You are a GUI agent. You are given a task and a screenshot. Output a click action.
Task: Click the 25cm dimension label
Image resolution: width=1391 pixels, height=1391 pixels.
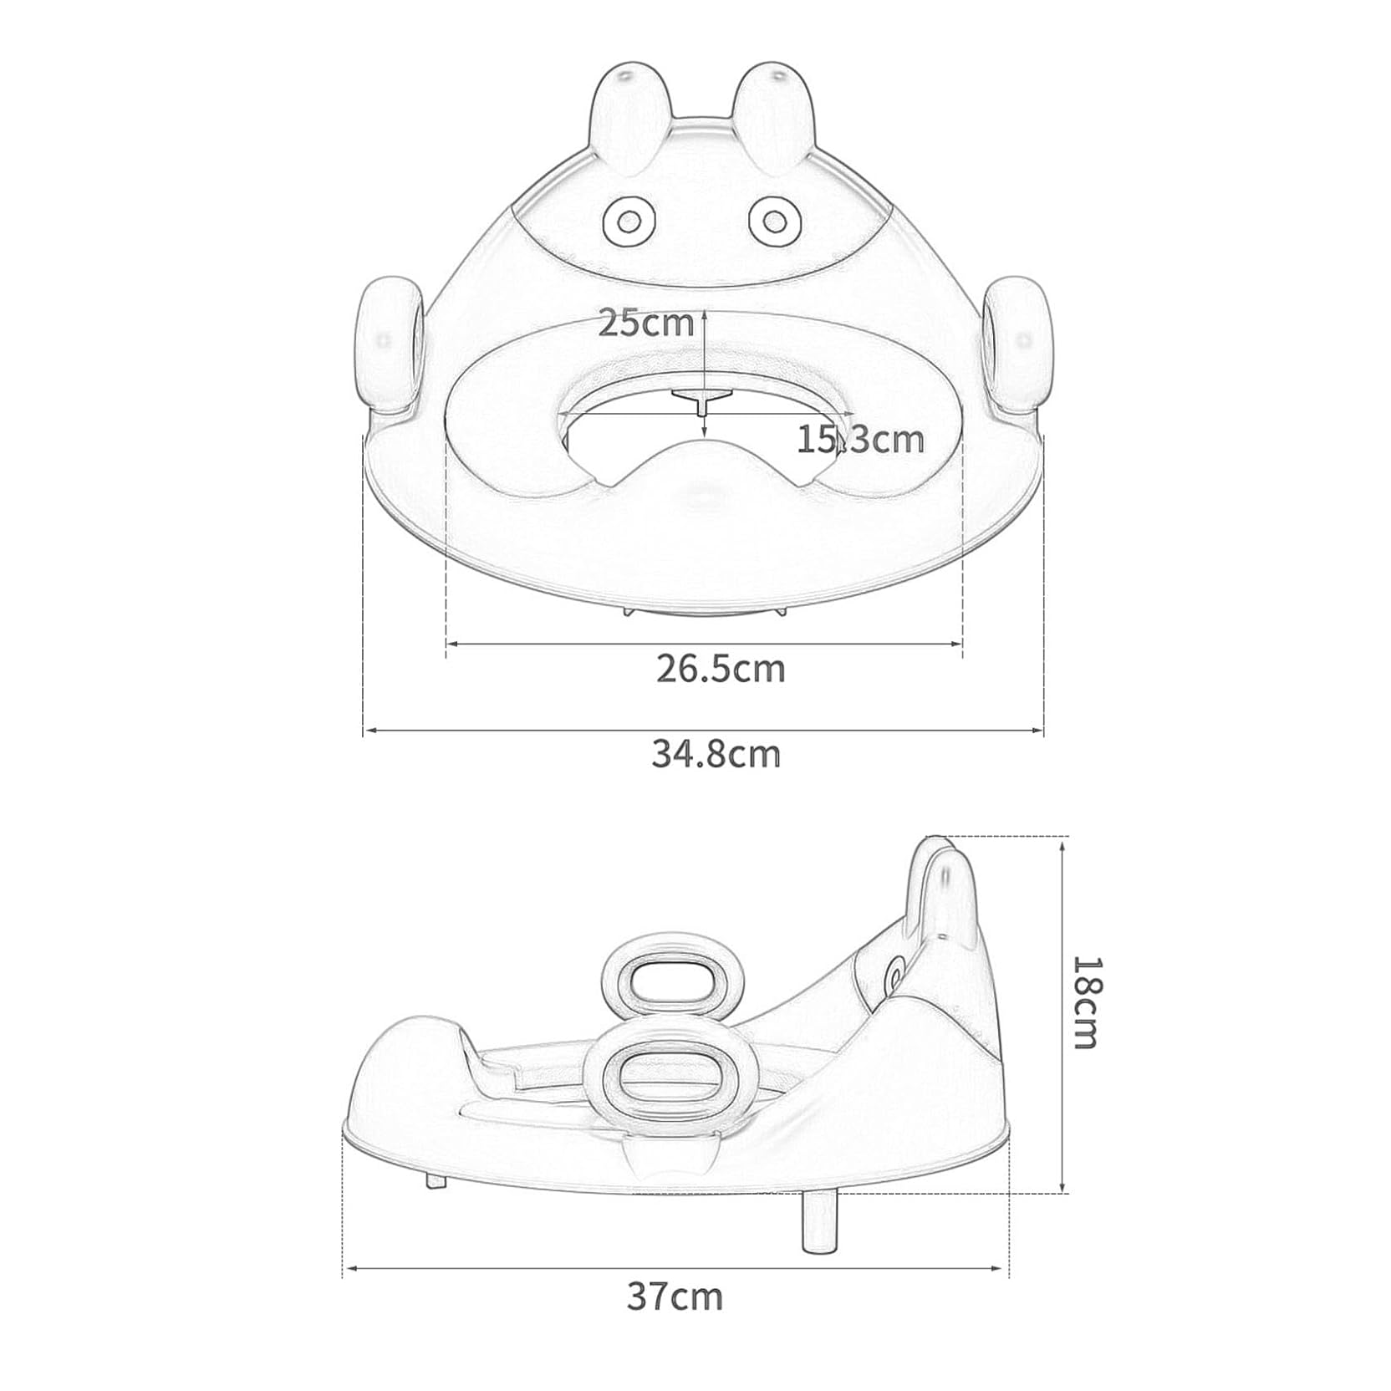(645, 324)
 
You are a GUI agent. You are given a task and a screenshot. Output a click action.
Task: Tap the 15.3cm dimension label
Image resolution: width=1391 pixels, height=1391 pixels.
(860, 439)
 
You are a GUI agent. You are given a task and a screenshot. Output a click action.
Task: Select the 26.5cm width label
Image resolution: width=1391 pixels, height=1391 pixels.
(721, 669)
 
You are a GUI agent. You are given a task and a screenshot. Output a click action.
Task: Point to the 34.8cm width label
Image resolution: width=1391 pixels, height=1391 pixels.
(716, 754)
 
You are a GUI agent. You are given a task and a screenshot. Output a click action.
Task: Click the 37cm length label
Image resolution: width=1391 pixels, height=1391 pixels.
(675, 1297)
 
